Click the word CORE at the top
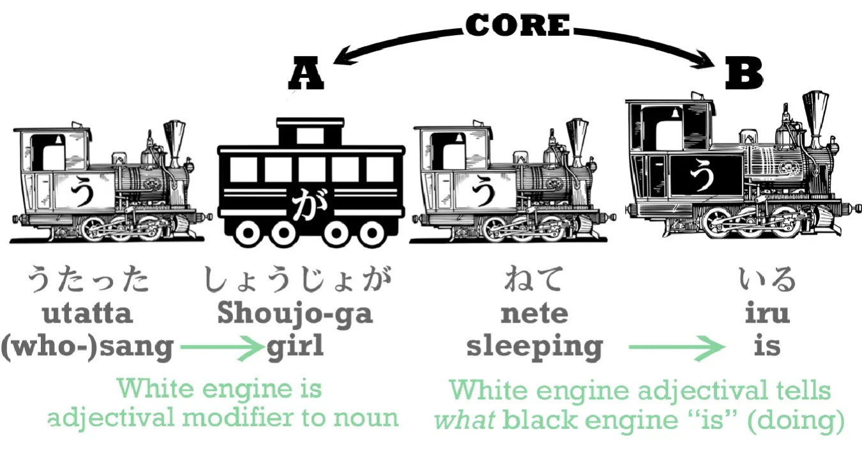click(517, 25)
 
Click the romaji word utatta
click(87, 314)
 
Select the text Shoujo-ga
click(295, 314)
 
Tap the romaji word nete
click(534, 314)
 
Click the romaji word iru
click(767, 314)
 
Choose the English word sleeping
click(534, 346)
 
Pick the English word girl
click(295, 346)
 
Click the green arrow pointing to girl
click(221, 348)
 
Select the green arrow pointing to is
click(676, 348)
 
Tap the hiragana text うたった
click(87, 280)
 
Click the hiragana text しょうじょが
click(295, 280)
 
